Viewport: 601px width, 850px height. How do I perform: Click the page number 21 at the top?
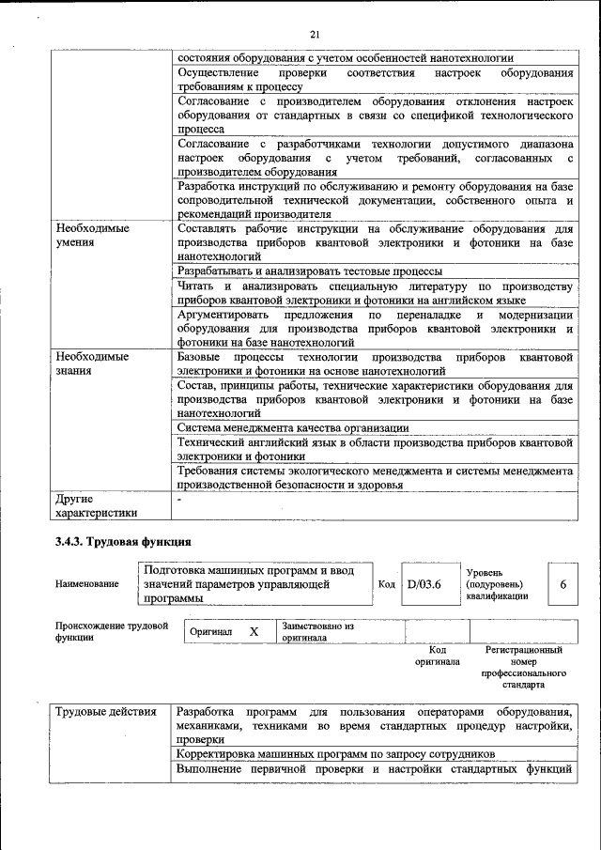coord(315,35)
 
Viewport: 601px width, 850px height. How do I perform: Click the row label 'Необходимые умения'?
coord(92,235)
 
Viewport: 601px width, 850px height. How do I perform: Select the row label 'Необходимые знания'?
coord(92,363)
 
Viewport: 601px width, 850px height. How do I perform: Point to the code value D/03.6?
coord(424,583)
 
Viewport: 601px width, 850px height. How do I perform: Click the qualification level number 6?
coord(562,583)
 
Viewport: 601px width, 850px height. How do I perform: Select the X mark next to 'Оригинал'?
coord(254,632)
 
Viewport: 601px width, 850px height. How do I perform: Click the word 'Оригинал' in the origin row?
coord(211,633)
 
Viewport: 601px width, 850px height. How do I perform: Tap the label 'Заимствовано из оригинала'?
coord(317,631)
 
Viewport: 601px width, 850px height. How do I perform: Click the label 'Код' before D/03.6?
coord(386,583)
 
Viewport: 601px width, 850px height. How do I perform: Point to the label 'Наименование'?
coord(87,583)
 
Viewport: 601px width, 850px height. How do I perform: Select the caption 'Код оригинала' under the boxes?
coord(438,655)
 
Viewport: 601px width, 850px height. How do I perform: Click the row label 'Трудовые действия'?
coord(105,711)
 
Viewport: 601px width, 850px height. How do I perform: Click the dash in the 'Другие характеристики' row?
coord(180,500)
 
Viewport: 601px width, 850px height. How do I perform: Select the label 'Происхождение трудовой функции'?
coord(111,631)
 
